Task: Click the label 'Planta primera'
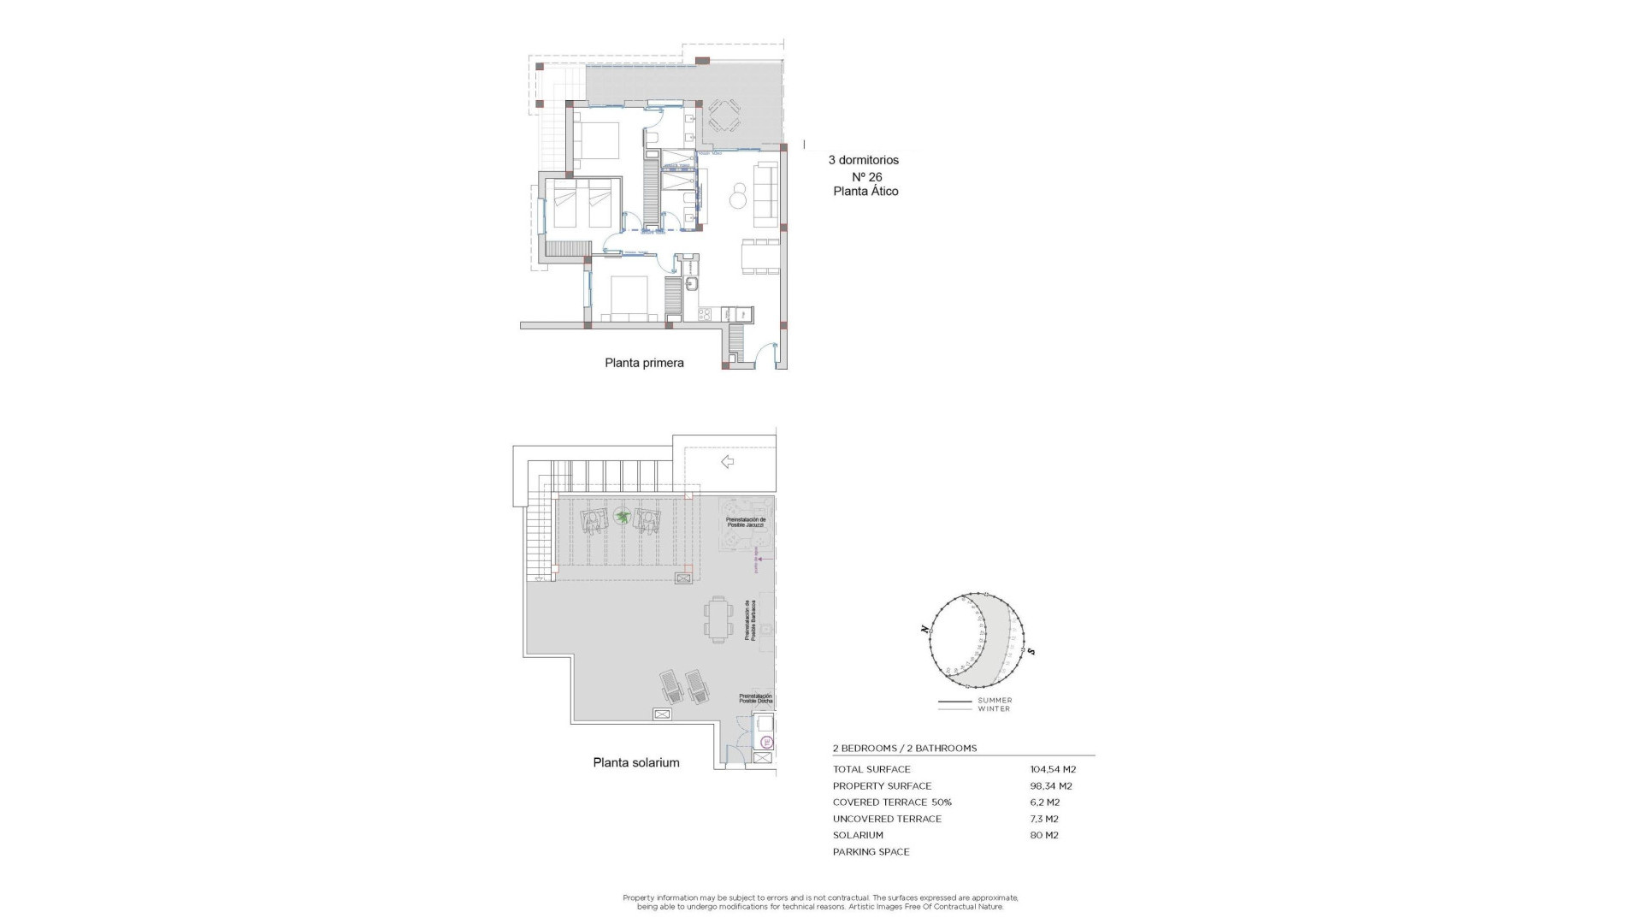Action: click(644, 363)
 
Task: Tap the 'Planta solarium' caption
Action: click(636, 762)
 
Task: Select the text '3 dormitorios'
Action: click(863, 160)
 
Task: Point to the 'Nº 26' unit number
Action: click(866, 177)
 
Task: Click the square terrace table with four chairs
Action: click(724, 115)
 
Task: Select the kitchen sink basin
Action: click(692, 286)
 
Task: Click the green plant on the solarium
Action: click(622, 517)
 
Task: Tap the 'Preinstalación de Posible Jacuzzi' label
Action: click(745, 522)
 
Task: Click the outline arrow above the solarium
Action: click(727, 462)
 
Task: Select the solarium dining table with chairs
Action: click(718, 619)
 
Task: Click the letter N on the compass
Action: click(924, 629)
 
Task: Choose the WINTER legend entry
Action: click(995, 708)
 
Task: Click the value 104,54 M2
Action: click(1053, 769)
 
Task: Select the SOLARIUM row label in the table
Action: click(858, 835)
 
